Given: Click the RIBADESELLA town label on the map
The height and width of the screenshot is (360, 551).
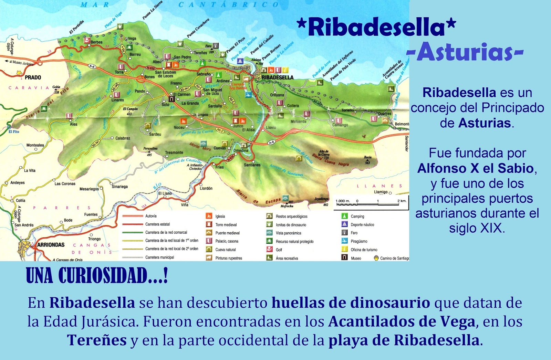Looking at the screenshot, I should click(x=278, y=77).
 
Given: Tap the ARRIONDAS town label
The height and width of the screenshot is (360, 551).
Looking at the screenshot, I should click(x=51, y=245).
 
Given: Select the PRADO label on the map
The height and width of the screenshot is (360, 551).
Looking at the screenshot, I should click(x=33, y=77).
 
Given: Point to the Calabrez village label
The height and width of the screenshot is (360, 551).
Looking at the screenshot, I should click(x=123, y=138).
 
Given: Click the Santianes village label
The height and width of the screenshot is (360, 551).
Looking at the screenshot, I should click(x=252, y=165).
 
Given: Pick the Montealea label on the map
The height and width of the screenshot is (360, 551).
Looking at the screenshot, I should click(x=35, y=145).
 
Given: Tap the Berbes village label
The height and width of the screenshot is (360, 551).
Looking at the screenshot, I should click(x=97, y=42).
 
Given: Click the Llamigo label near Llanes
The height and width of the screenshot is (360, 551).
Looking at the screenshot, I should click(x=381, y=192).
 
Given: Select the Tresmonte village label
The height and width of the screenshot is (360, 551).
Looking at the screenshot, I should click(x=174, y=152).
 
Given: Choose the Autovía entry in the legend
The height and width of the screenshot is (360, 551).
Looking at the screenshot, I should click(x=151, y=216).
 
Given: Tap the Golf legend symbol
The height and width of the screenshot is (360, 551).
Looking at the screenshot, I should click(x=269, y=250).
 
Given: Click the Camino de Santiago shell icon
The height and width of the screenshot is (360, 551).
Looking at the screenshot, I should click(x=376, y=258).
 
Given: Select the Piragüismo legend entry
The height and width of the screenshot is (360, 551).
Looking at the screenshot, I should click(x=359, y=241).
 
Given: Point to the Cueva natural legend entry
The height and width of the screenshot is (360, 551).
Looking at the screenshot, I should click(x=226, y=250).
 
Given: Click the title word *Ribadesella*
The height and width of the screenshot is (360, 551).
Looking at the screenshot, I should click(x=376, y=27).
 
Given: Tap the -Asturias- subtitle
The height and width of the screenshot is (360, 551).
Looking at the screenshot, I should click(x=465, y=52).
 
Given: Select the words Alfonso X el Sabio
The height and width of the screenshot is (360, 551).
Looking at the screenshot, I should click(x=476, y=168).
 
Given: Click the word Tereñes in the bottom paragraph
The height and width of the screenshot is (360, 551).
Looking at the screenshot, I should click(x=97, y=340).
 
